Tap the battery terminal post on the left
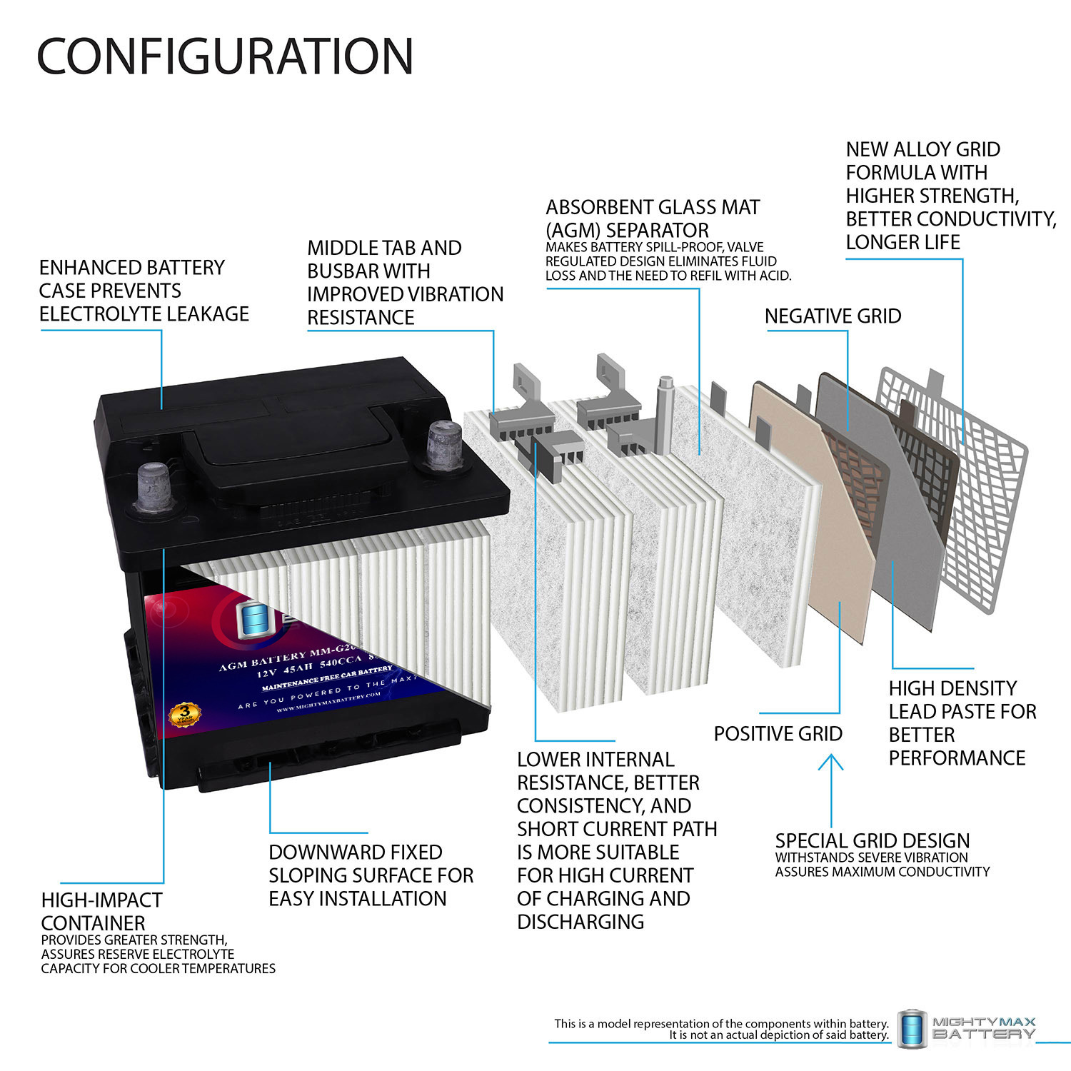153,487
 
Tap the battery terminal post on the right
443,445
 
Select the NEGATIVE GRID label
833,316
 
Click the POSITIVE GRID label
778,734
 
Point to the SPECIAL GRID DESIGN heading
872,840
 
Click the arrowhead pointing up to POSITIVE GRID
830,763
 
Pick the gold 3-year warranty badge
185,713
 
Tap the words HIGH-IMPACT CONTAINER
101,911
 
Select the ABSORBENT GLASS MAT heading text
653,208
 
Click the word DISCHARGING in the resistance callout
580,922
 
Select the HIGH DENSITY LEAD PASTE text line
952,688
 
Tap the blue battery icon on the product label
251,620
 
